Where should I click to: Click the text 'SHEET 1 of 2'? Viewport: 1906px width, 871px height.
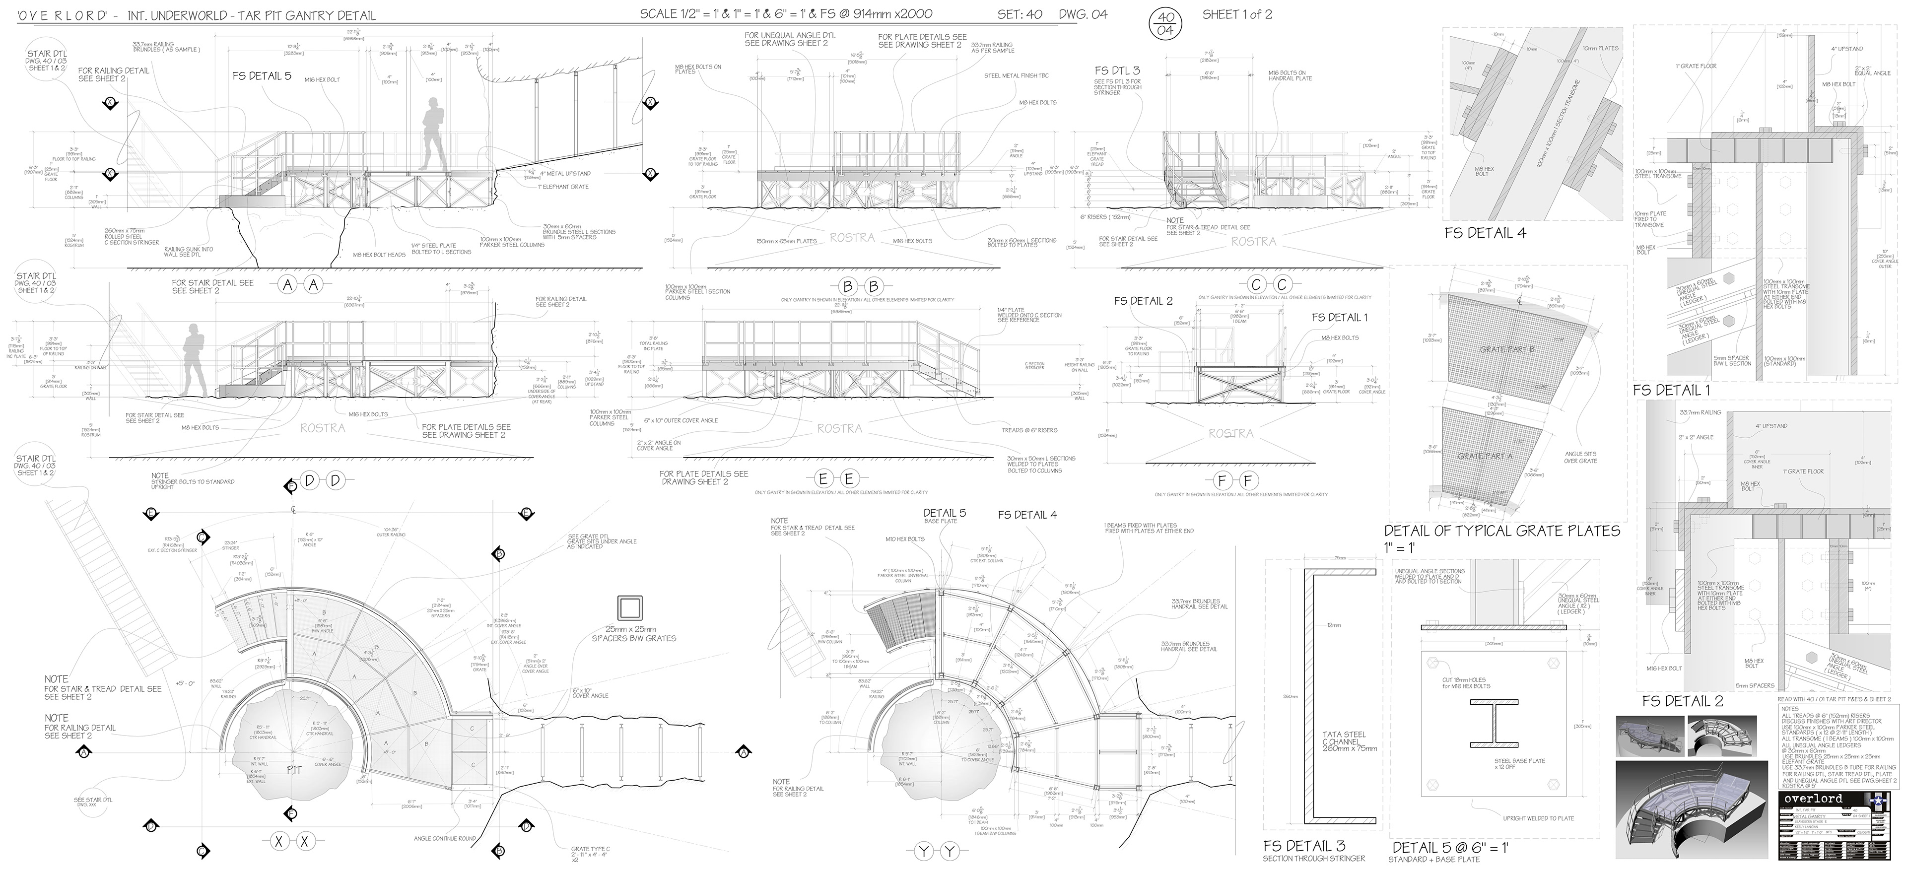point(1237,14)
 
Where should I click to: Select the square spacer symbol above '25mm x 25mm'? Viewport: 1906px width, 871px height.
point(629,608)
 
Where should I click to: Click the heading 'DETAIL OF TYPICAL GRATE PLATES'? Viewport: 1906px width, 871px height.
point(1502,531)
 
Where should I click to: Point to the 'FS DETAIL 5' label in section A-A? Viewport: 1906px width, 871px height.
point(261,75)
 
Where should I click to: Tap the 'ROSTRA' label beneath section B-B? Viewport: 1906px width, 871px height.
point(852,238)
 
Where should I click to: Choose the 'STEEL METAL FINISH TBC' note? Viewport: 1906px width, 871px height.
point(1016,75)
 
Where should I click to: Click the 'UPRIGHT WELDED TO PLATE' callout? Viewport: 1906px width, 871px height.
point(1538,818)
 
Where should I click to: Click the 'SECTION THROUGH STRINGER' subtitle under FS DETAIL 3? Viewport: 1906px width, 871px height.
point(1313,859)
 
